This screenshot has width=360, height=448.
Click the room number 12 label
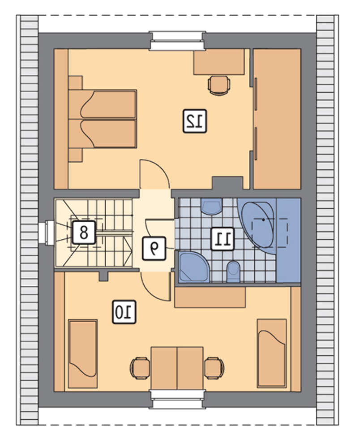coord(194,121)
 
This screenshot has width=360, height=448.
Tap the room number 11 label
coord(223,239)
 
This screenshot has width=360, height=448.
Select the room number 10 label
coord(124,312)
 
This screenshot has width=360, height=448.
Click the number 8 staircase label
coord(83,232)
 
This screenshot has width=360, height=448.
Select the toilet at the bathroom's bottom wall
coord(233,271)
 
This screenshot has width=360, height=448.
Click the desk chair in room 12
coord(219,85)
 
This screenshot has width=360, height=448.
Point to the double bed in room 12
coord(103,119)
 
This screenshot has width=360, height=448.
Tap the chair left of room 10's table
coord(141,368)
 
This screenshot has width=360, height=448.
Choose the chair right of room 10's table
coord(214,368)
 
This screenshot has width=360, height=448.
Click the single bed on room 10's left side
coord(83,354)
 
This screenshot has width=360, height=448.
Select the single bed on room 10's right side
coord(271,353)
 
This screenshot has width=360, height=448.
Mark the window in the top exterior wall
coord(177,41)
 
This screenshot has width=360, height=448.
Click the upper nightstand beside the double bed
coord(76,83)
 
